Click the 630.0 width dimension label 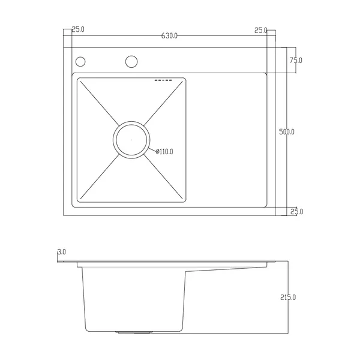(x=169, y=36)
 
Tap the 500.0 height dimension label (x=287, y=132)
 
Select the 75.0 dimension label (x=296, y=61)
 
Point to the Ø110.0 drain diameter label (x=164, y=152)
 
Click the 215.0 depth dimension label (x=288, y=298)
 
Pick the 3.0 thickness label (x=62, y=252)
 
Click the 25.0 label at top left (x=78, y=29)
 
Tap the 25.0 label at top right (x=261, y=31)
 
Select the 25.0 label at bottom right (x=297, y=211)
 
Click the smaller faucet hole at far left (x=80, y=62)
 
